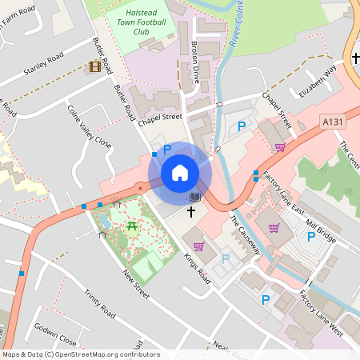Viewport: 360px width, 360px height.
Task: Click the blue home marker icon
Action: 180,172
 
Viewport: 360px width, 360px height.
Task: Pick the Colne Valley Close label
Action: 89,127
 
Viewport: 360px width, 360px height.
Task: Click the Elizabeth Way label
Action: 318,81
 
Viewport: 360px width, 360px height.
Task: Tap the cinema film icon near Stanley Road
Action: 96,66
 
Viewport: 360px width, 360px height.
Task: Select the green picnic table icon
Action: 130,227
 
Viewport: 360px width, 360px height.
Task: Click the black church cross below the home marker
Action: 191,212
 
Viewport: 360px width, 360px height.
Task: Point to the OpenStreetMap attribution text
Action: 70,354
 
